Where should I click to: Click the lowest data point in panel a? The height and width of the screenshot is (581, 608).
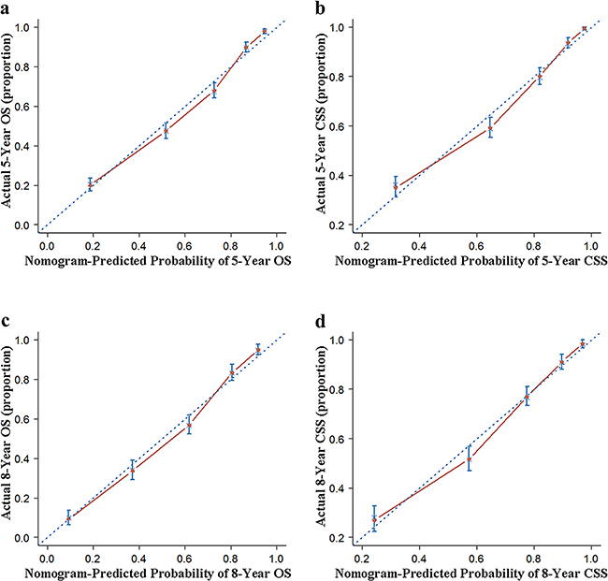pyautogui.click(x=90, y=184)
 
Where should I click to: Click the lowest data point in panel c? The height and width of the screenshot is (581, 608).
pyautogui.click(x=68, y=517)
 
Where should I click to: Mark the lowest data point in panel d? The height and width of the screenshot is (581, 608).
pyautogui.click(x=374, y=519)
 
